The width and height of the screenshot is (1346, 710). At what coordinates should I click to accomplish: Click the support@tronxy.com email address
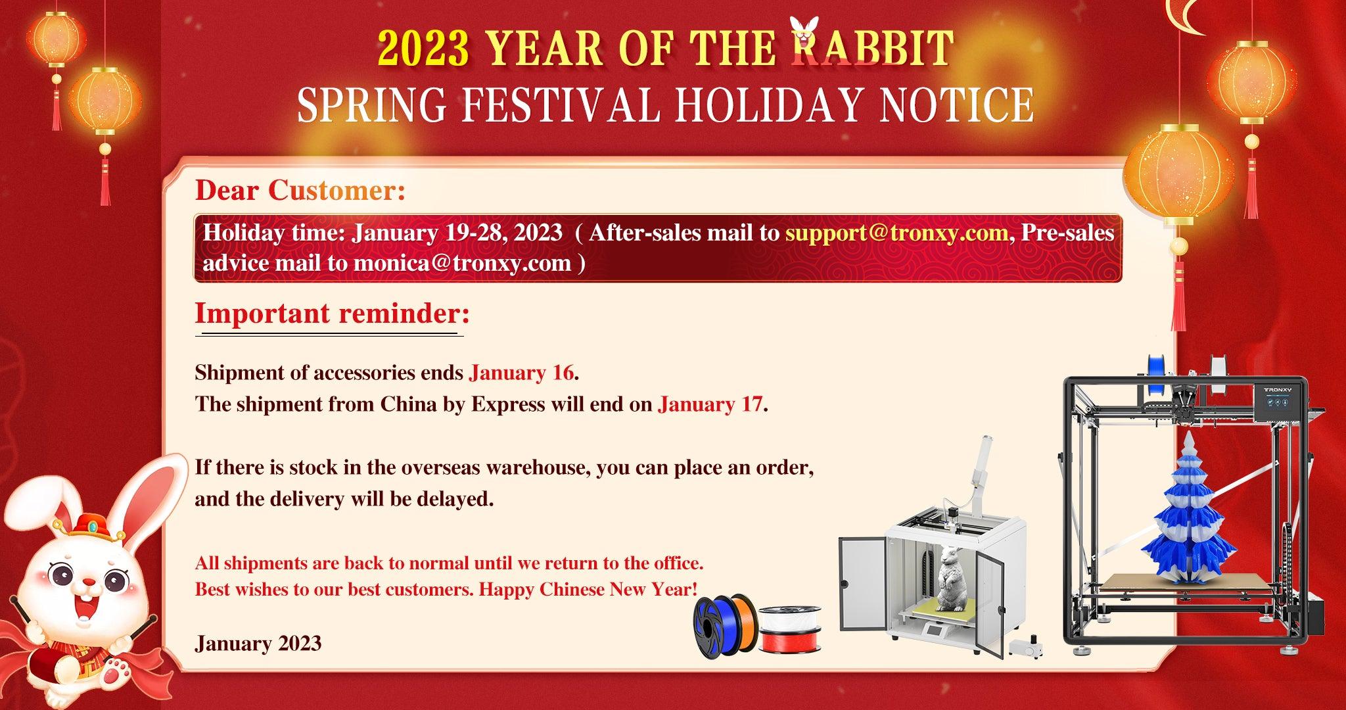897,233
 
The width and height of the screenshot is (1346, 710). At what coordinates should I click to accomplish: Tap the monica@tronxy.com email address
462,264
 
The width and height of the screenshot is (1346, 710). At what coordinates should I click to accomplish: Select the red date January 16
521,373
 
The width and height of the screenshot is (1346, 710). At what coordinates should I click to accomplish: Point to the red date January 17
710,404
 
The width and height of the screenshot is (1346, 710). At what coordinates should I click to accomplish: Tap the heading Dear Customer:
300,191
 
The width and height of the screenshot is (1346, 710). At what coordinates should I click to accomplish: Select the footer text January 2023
258,642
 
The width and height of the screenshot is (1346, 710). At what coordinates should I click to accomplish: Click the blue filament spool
714,624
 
